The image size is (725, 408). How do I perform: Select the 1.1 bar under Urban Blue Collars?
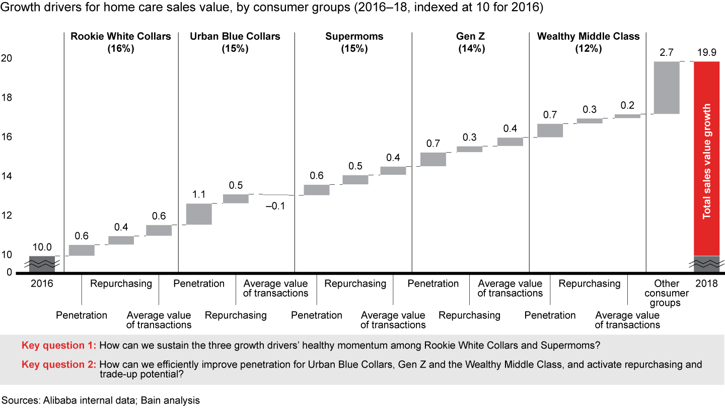pos(199,214)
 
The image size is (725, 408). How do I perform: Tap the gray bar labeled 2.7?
pos(666,88)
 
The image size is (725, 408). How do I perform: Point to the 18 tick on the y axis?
pos(6,97)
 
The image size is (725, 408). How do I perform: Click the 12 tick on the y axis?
pos(6,216)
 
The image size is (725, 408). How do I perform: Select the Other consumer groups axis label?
pos(667,293)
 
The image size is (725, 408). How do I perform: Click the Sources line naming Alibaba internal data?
pos(100,400)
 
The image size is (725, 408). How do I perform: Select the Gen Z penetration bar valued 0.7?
pos(433,159)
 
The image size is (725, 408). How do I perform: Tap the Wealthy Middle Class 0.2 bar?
pos(627,116)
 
